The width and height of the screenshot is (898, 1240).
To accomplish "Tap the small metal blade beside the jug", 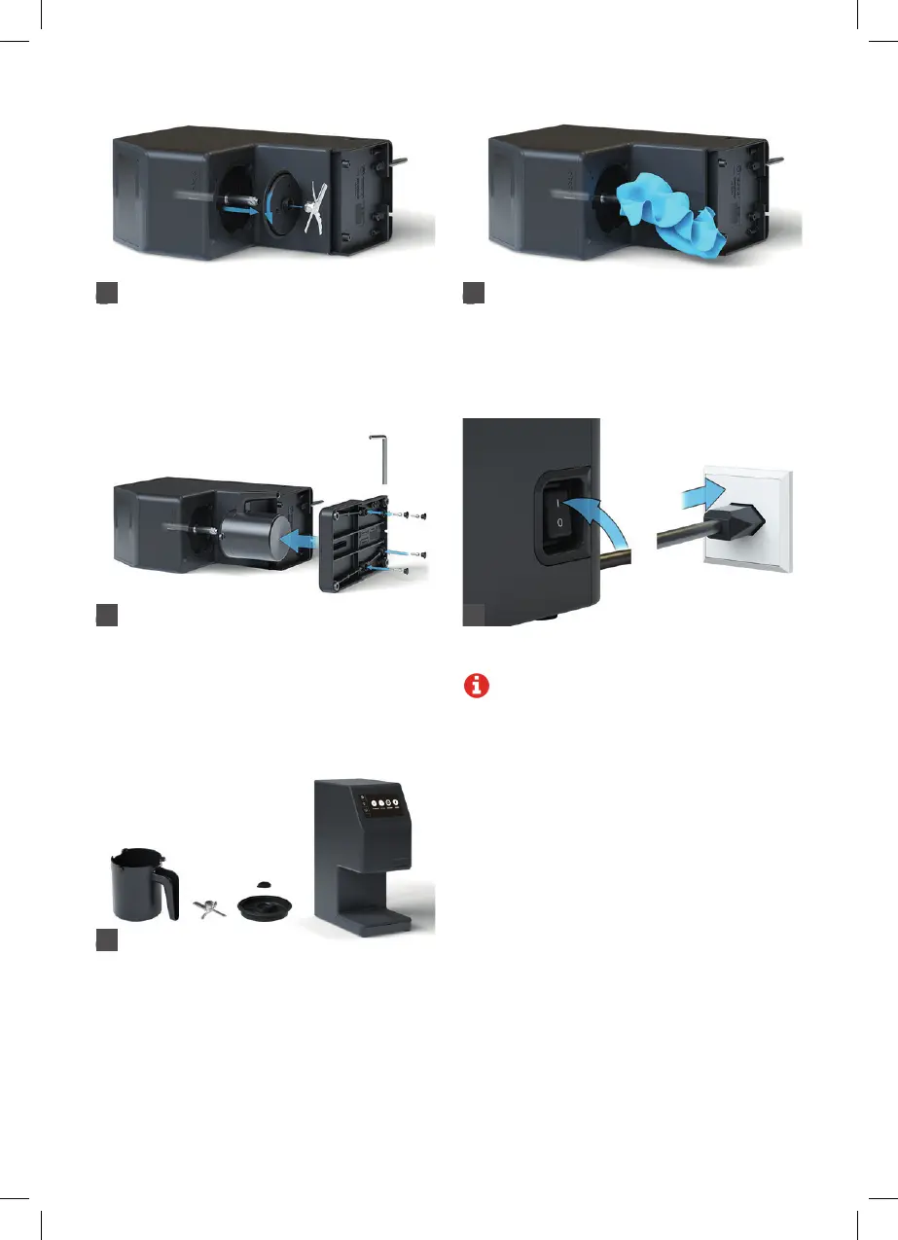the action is (x=207, y=906).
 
